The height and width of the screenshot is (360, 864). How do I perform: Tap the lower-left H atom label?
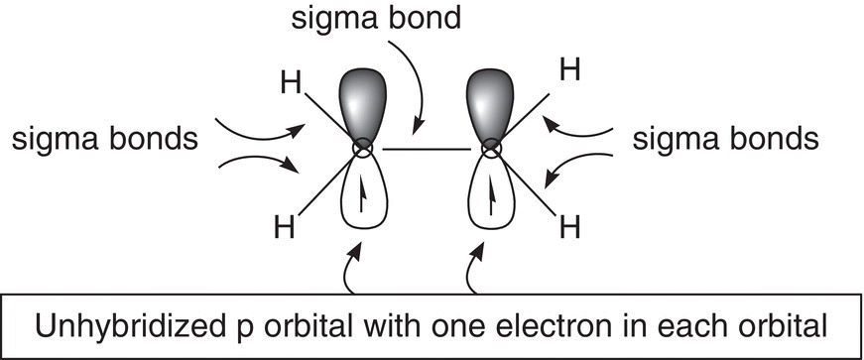tap(285, 227)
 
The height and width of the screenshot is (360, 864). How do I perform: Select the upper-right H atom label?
tap(569, 71)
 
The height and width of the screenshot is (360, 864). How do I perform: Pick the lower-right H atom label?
tap(570, 227)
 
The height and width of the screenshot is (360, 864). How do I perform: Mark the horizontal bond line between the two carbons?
tap(428, 150)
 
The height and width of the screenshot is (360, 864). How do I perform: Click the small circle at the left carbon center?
tap(363, 148)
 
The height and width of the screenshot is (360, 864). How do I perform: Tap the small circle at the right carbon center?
tap(490, 148)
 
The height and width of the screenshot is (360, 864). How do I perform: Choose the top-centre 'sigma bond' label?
tap(376, 18)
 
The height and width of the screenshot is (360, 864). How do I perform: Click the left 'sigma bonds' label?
tap(105, 140)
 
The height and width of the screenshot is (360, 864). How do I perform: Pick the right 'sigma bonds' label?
tap(726, 140)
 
